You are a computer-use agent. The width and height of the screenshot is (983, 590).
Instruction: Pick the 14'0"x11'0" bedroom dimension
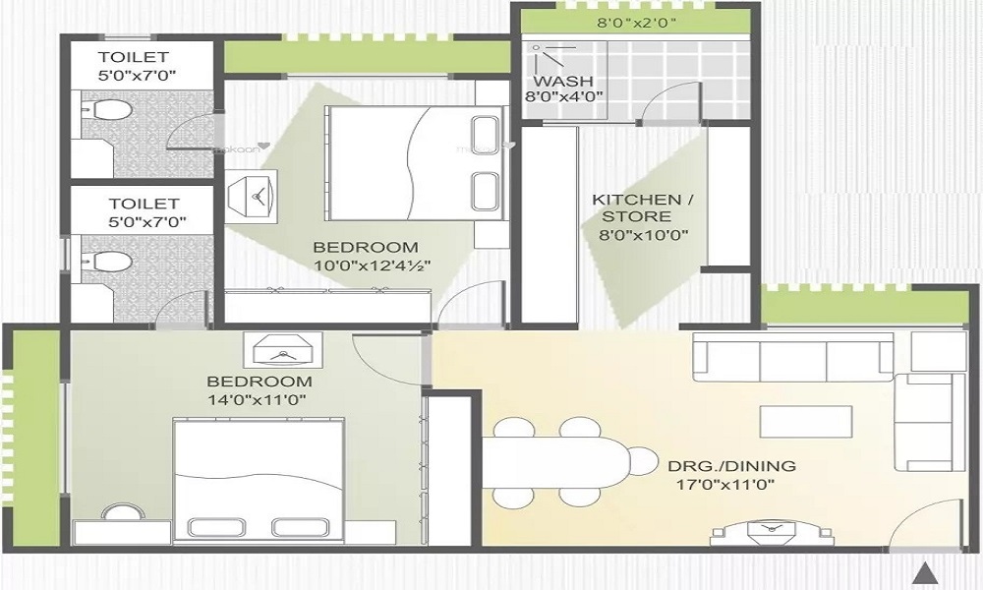[x=259, y=400]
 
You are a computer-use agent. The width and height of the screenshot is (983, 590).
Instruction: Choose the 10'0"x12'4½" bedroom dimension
[x=373, y=265]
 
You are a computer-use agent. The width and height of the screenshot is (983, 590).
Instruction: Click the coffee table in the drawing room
[x=804, y=421]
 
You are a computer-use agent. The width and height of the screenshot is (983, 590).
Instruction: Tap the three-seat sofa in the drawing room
[x=792, y=357]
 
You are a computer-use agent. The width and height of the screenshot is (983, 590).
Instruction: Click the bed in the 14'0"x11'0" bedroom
[x=259, y=480]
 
